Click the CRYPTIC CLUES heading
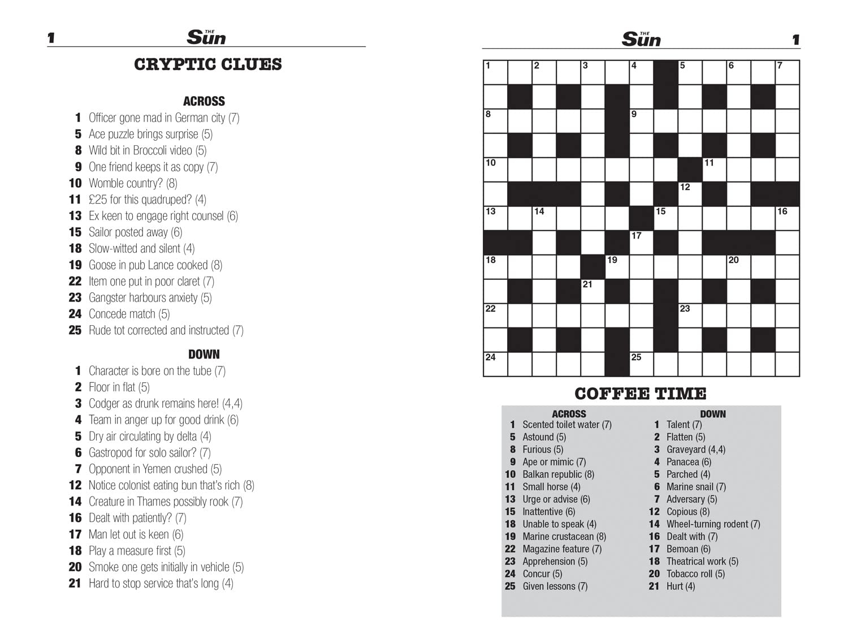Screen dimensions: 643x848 coord(207,64)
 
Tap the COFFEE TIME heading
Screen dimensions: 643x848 coord(641,394)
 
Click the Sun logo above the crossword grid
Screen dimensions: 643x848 coord(641,38)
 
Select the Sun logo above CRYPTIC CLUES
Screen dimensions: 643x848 coord(206,37)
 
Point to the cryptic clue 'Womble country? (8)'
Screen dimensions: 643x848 coord(133,183)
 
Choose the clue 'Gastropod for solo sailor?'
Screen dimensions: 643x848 coord(149,453)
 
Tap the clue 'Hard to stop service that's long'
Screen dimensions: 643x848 coord(161,584)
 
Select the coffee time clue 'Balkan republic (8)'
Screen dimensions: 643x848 coord(558,474)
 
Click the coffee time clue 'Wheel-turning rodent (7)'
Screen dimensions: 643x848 coord(713,524)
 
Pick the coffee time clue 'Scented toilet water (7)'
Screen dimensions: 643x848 coord(566,425)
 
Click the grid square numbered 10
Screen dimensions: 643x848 coord(495,170)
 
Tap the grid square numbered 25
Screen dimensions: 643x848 coord(641,364)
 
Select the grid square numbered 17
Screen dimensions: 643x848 coord(641,243)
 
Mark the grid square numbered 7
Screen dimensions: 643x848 coord(787,72)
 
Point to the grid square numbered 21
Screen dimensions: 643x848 coord(592,291)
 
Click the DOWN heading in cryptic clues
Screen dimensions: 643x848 coord(204,355)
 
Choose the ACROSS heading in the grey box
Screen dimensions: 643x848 coord(569,414)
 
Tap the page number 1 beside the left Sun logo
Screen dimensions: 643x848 coord(51,38)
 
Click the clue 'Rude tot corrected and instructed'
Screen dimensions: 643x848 coord(166,331)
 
